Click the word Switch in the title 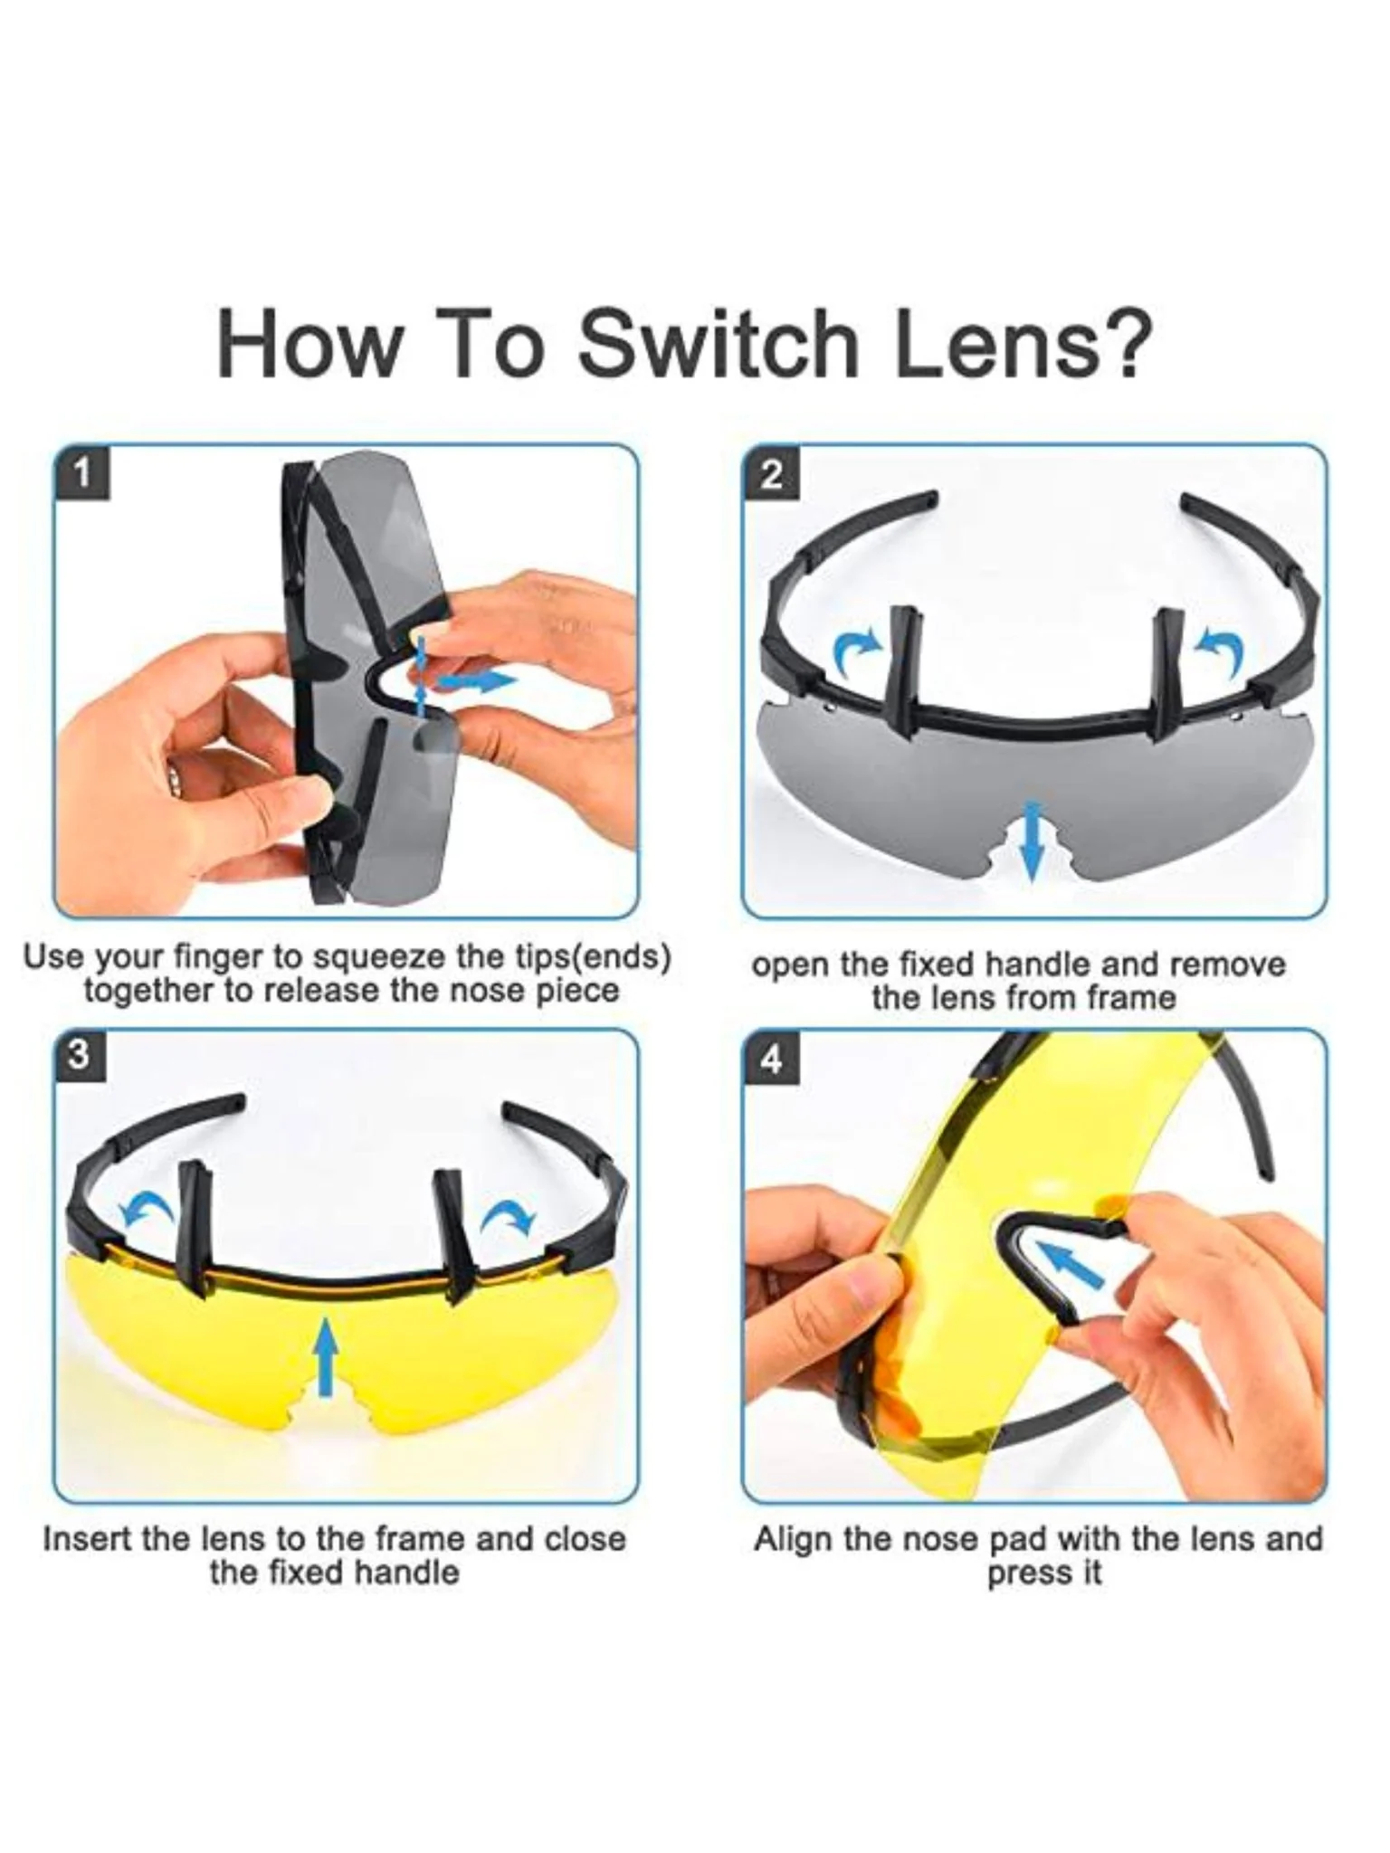click(x=719, y=346)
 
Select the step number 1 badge click(x=82, y=473)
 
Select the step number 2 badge click(x=771, y=473)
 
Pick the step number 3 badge click(x=80, y=1056)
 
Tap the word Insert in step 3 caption click(x=84, y=1539)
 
